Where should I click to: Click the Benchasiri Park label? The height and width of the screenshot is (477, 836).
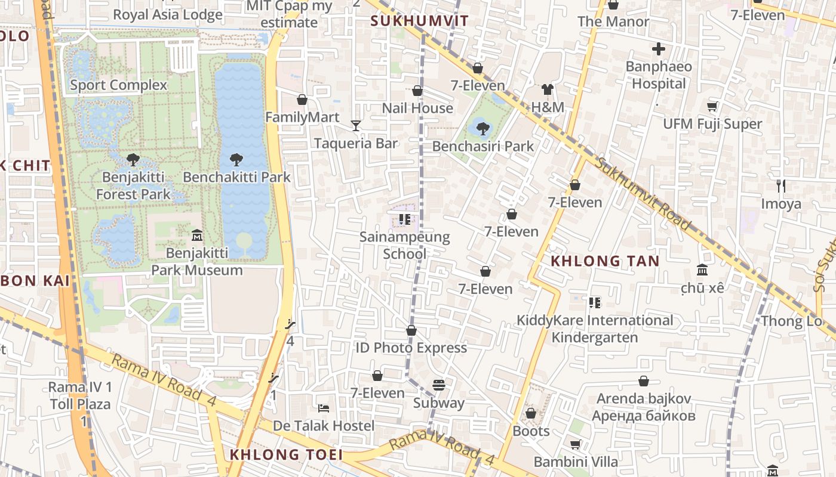click(x=482, y=146)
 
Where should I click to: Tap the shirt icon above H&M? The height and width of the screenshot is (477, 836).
click(x=548, y=90)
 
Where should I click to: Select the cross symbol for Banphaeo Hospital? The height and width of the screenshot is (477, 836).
click(x=659, y=49)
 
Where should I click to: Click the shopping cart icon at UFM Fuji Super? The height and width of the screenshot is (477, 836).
click(x=712, y=107)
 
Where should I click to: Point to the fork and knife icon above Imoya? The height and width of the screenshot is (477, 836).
click(x=780, y=186)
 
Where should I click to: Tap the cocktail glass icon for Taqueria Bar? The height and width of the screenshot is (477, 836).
click(x=356, y=125)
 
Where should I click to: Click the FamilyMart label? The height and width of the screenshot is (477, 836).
click(x=302, y=117)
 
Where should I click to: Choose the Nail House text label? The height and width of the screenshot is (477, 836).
click(x=417, y=108)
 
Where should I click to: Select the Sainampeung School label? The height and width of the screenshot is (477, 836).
click(x=404, y=245)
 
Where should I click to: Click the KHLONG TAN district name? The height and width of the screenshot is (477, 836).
click(x=605, y=261)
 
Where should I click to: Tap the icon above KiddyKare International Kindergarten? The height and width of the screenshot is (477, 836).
click(x=594, y=303)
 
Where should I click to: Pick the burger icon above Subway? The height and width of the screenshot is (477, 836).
click(x=439, y=385)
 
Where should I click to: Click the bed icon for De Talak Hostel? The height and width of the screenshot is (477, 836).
click(x=324, y=408)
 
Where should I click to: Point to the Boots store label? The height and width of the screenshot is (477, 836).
click(x=531, y=430)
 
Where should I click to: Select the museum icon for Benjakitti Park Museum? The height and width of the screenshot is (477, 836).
click(x=196, y=236)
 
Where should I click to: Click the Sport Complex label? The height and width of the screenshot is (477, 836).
click(x=119, y=85)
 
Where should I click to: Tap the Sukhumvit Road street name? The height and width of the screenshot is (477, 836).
click(x=643, y=194)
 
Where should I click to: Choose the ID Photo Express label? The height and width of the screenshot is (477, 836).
click(x=411, y=348)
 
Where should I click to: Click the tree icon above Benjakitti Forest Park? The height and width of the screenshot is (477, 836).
click(x=133, y=159)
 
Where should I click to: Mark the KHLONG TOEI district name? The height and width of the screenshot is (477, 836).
click(x=287, y=455)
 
